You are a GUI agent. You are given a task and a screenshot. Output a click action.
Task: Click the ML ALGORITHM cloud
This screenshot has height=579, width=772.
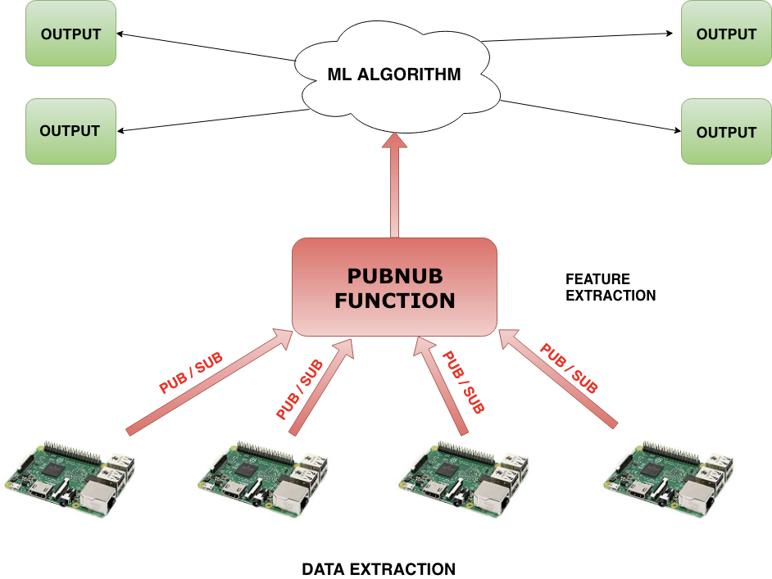point(394,75)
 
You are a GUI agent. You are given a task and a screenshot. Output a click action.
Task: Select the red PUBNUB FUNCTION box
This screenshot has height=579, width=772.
point(394,287)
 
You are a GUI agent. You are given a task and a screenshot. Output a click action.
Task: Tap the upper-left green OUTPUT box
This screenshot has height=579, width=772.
point(70,34)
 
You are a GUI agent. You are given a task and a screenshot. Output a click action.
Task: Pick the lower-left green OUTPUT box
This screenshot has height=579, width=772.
point(70,131)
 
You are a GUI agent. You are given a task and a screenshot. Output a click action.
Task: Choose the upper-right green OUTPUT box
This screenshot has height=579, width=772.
point(726,34)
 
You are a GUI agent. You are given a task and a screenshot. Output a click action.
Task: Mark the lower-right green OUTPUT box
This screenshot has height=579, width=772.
point(726,132)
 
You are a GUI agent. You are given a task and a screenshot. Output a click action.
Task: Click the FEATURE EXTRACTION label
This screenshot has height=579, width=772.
point(611,287)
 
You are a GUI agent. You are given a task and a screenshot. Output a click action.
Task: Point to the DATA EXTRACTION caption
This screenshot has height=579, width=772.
point(378,569)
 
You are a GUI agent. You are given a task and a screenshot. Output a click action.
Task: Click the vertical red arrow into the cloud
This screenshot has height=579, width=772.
point(395,185)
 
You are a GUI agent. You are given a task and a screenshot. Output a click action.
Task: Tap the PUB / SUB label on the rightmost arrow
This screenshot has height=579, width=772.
point(569,369)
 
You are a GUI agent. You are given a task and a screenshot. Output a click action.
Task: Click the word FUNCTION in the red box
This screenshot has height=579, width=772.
point(394,300)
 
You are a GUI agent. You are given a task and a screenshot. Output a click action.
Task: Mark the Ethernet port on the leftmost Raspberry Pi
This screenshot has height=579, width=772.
point(97,496)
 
